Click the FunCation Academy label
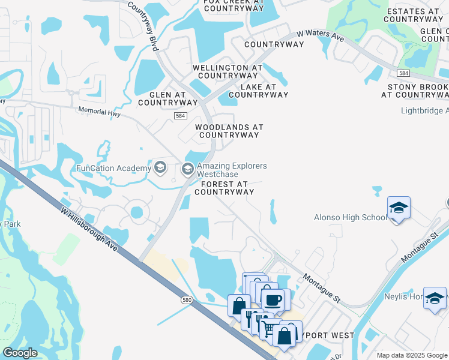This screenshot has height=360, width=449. pos(113,168)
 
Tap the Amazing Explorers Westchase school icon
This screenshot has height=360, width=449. pos(188,169)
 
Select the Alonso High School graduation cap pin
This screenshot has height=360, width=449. pos(399,208)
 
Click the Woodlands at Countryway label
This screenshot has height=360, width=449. pos(228,131)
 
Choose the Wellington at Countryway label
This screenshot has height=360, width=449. pos(228,72)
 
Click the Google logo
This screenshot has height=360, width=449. pos(20,353)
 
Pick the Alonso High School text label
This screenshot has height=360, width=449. pos(350,217)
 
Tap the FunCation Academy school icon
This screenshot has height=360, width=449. pos(160,166)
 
